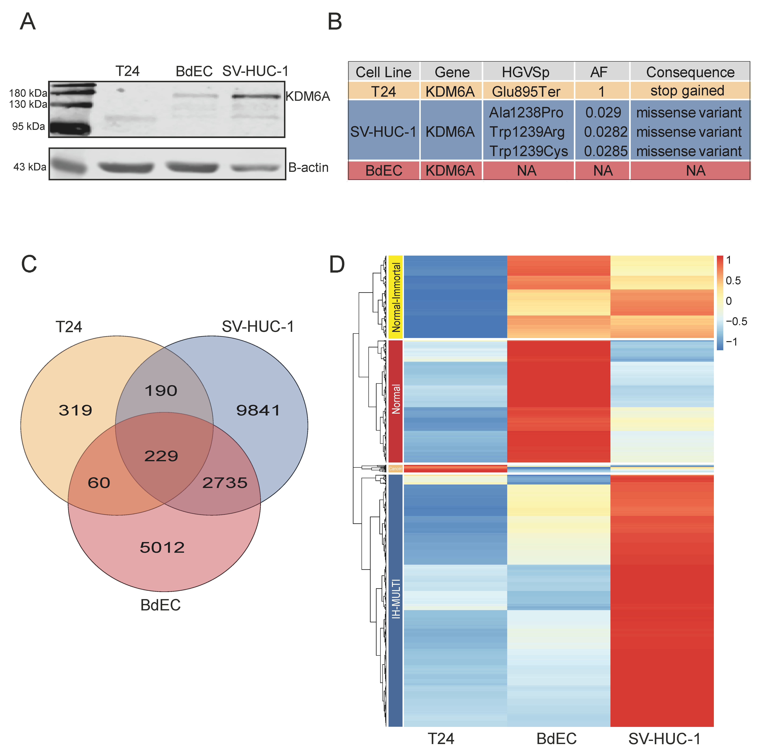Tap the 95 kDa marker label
[x=28, y=127]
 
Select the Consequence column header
[x=690, y=72]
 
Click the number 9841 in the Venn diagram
[x=258, y=410]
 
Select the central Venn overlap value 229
[x=161, y=456]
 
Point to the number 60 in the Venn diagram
[x=99, y=483]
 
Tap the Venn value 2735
[x=225, y=483]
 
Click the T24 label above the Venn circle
[x=69, y=327]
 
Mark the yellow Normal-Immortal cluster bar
[x=395, y=297]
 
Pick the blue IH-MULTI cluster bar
[x=395, y=599]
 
